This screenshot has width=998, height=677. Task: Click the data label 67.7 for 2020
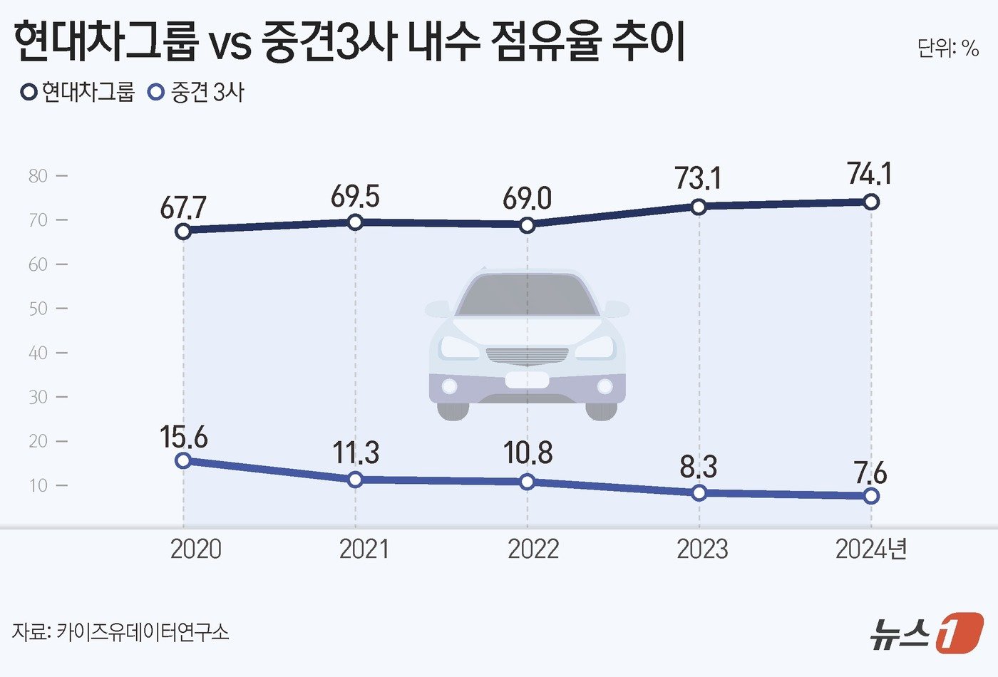[x=183, y=207]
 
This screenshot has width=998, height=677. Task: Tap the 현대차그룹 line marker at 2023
[x=699, y=207]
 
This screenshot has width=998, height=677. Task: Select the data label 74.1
[x=870, y=174]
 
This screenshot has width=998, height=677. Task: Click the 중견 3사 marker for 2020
[x=183, y=460]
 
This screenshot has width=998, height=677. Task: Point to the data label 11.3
[x=356, y=453]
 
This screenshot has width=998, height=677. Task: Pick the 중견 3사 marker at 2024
[x=871, y=496]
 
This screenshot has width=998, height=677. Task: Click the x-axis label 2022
[x=533, y=549]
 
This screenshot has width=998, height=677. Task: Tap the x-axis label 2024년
[x=870, y=549]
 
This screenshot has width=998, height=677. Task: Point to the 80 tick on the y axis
[x=38, y=176]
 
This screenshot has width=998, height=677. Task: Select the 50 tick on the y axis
[x=38, y=309]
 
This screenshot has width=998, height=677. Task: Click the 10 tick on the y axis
[x=38, y=485]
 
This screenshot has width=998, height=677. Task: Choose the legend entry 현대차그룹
[x=78, y=93]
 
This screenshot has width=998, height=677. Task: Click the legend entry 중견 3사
[x=196, y=93]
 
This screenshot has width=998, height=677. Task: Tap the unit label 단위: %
[x=947, y=48]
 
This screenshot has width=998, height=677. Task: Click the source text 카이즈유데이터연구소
[x=143, y=631]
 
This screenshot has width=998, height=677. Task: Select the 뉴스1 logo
[x=926, y=632]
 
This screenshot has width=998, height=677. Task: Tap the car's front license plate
[x=527, y=379]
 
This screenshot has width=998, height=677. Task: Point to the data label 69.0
[x=527, y=199]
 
